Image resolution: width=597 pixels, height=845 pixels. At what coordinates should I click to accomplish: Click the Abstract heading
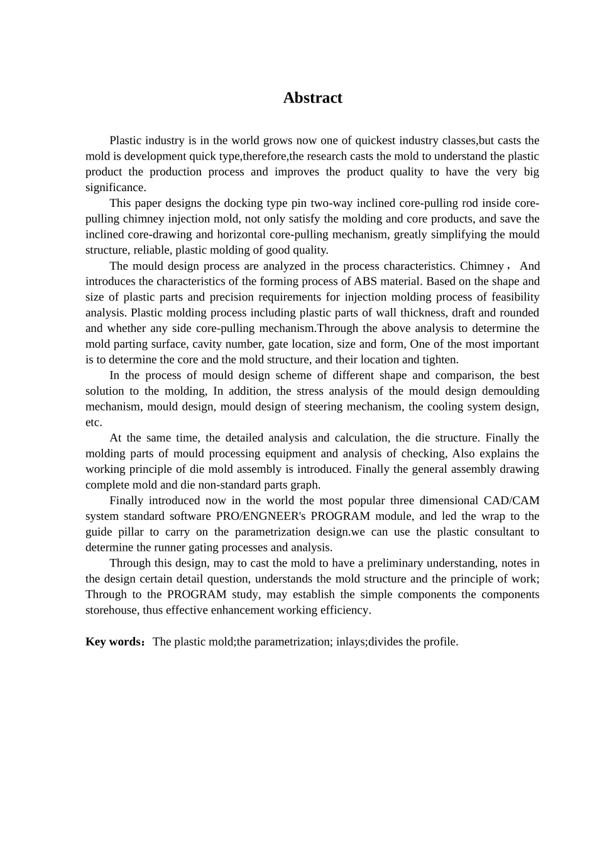[312, 98]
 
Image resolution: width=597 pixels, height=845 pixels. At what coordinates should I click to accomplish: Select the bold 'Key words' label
[114, 642]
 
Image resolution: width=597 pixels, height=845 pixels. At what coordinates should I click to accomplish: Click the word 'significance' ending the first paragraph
[115, 187]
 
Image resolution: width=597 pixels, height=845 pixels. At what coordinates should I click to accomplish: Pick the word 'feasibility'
[510, 297]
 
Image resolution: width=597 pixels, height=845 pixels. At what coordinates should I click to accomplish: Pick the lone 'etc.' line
[94, 422]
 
